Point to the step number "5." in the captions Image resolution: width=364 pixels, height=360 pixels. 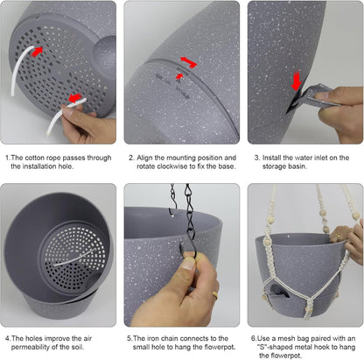129,338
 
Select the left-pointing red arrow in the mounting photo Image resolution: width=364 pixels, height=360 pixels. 185,60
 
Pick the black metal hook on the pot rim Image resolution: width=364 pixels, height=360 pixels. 190,248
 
